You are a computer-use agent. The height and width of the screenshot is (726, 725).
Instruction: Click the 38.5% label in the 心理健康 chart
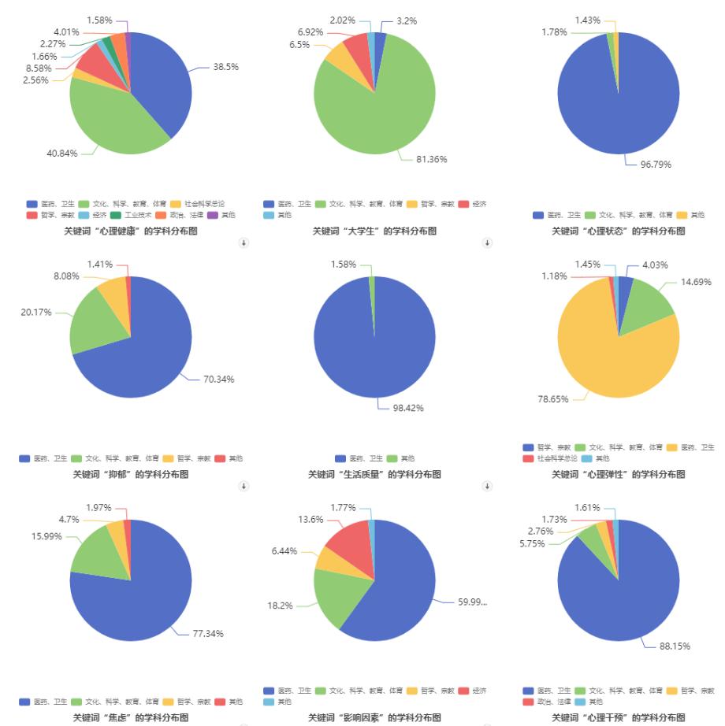click(x=225, y=67)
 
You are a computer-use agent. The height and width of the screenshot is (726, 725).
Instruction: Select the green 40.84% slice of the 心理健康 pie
click(x=110, y=118)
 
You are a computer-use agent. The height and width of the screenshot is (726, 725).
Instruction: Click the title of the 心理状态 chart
click(x=618, y=231)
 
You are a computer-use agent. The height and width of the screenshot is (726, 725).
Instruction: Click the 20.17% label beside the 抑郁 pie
click(x=36, y=313)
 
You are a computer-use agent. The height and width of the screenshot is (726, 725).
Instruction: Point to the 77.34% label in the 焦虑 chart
click(x=208, y=633)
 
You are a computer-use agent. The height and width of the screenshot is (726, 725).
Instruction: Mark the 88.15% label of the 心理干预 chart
click(x=675, y=646)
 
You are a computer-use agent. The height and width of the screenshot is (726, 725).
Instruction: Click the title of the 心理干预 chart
click(x=618, y=717)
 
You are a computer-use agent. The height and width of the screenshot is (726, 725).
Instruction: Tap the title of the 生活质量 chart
click(x=374, y=474)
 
